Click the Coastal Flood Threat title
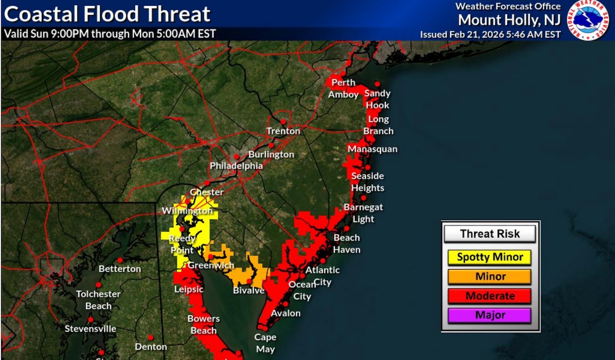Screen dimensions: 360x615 click(x=107, y=14)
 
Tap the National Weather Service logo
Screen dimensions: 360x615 click(x=588, y=20)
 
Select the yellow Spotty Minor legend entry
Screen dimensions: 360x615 click(x=490, y=257)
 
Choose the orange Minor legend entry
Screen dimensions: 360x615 click(x=490, y=277)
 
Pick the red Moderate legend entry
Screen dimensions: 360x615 click(x=490, y=296)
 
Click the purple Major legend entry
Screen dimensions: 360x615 click(x=490, y=315)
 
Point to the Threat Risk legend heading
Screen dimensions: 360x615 click(x=490, y=234)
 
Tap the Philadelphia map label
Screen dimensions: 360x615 click(x=236, y=166)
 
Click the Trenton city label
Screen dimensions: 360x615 click(x=283, y=131)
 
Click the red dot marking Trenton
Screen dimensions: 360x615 click(x=283, y=122)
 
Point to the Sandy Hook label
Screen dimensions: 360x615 click(x=377, y=99)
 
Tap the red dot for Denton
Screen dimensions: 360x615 click(x=150, y=337)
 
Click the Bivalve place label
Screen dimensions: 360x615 click(x=249, y=291)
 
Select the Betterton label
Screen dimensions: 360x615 click(x=120, y=269)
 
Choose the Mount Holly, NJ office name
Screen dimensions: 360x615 click(x=509, y=20)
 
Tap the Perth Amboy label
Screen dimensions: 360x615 click(x=343, y=88)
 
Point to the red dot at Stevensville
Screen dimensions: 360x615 click(x=90, y=320)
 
